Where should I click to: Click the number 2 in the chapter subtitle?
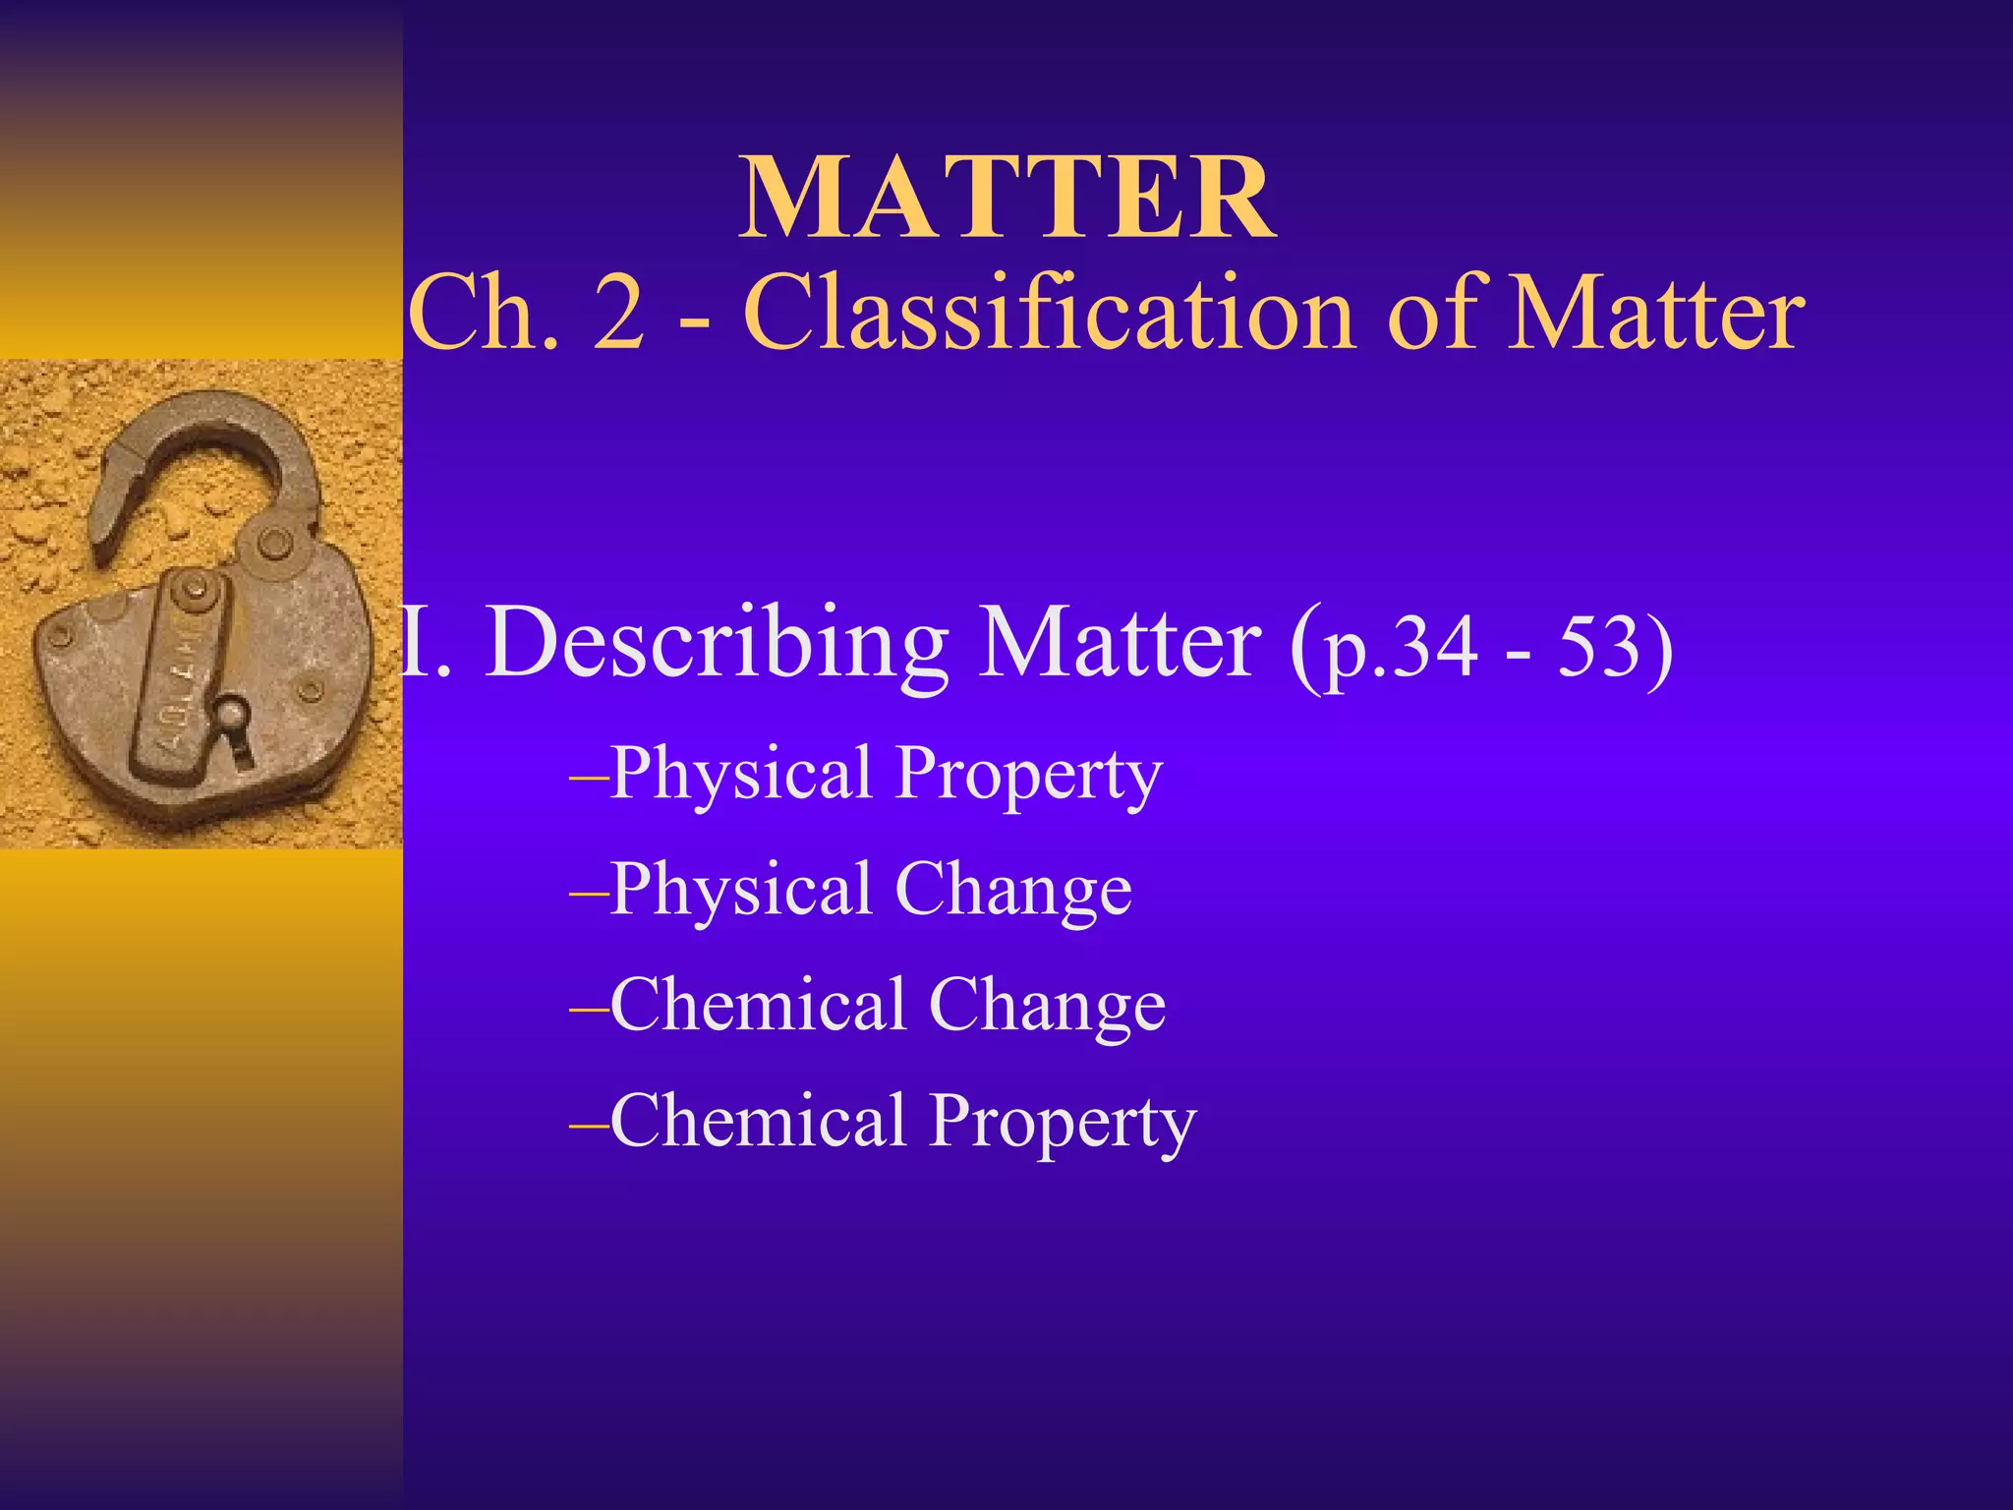[x=620, y=313]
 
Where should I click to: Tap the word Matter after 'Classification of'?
[x=1655, y=313]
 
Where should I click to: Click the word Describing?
[x=717, y=644]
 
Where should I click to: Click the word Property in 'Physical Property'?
[x=1029, y=775]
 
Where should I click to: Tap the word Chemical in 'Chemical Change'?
[x=758, y=1006]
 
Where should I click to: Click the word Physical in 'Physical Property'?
[x=742, y=775]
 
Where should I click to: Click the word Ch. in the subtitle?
[x=483, y=313]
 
